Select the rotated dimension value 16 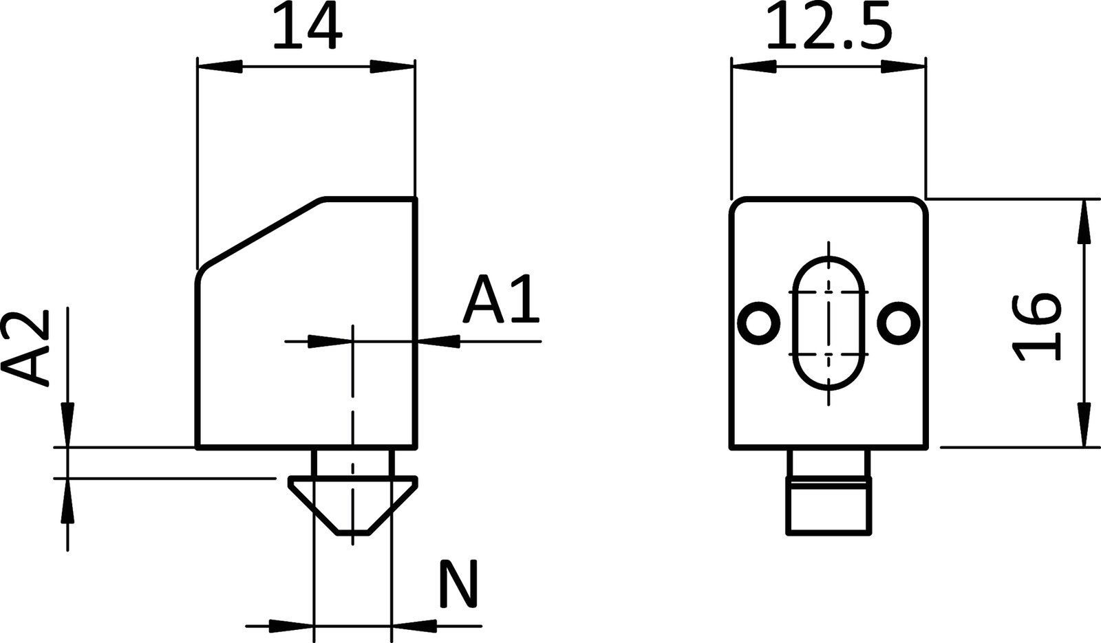[x=1038, y=326]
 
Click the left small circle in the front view [x=759, y=321]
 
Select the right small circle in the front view [x=899, y=321]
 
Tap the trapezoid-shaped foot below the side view [x=352, y=505]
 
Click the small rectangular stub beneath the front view [x=829, y=509]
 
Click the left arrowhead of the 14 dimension [x=219, y=67]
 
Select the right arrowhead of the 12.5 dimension [x=903, y=67]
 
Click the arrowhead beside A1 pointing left [x=439, y=340]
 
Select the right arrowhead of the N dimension [x=414, y=626]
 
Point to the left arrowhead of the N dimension [x=291, y=626]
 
